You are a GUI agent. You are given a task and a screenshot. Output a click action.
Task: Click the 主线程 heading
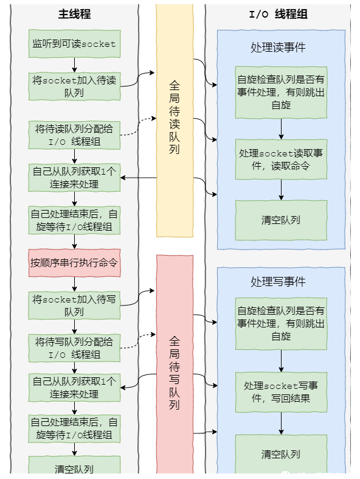click(74, 14)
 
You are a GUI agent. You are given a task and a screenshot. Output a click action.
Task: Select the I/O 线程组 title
click(278, 14)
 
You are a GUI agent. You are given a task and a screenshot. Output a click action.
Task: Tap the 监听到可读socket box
click(74, 44)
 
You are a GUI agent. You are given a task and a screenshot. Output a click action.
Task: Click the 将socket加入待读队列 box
click(74, 86)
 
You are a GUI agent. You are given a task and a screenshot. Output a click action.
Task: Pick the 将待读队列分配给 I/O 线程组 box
click(74, 135)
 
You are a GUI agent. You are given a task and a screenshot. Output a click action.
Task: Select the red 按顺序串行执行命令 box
click(74, 263)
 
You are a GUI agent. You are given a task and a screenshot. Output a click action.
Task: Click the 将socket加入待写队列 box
click(74, 306)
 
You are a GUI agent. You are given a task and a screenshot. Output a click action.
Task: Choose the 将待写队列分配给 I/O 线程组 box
click(74, 348)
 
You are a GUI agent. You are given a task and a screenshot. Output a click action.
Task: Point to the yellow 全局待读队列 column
click(175, 122)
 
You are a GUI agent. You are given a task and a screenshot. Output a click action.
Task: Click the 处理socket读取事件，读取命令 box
click(281, 159)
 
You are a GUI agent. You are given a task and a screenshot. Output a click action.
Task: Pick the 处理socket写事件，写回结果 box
click(281, 393)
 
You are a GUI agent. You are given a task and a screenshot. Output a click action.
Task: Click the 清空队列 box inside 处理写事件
click(281, 455)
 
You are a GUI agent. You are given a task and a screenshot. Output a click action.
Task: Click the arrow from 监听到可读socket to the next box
click(74, 65)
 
